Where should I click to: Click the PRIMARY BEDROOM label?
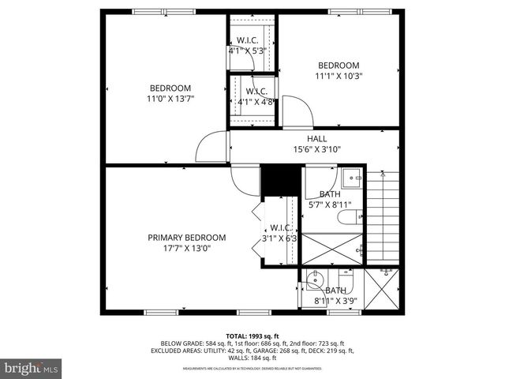187,237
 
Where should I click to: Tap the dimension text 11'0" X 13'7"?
170,99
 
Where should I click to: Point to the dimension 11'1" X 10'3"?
339,77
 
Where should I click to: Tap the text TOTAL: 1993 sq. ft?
252,335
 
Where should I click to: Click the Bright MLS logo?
32,367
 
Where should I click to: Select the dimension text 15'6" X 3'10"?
316,148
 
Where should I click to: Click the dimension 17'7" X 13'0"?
187,248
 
